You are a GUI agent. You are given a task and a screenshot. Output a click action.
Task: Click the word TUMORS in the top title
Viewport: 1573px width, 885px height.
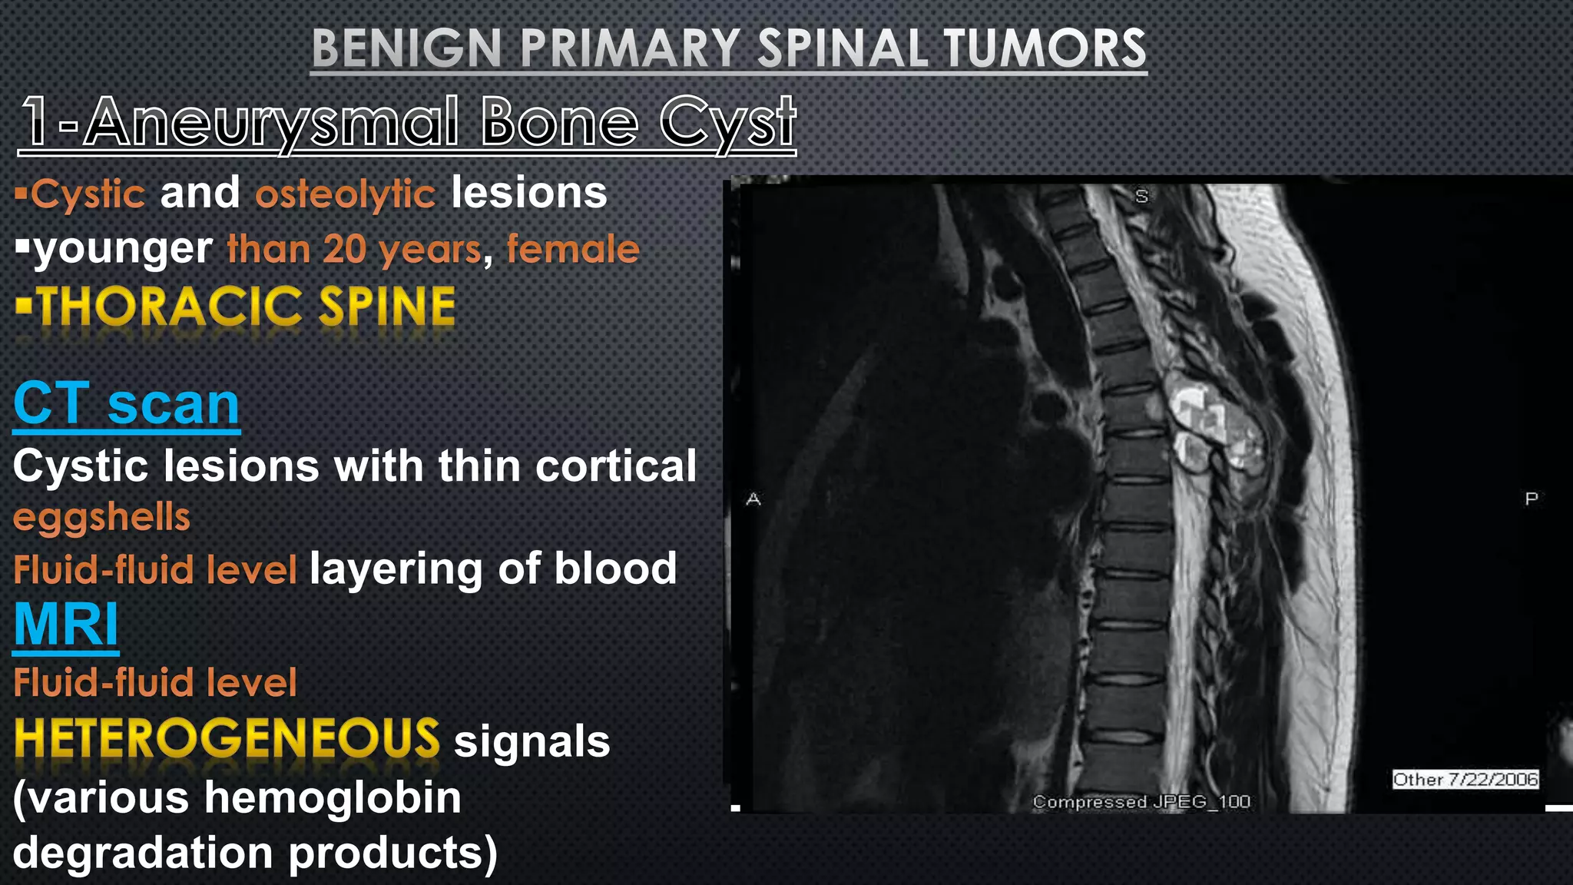(x=1045, y=48)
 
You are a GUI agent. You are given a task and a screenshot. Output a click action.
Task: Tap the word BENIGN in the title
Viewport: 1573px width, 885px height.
(x=406, y=48)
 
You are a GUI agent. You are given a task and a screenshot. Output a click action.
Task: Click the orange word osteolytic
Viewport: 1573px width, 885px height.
(x=345, y=194)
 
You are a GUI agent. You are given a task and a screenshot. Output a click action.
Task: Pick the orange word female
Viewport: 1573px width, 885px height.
(x=572, y=250)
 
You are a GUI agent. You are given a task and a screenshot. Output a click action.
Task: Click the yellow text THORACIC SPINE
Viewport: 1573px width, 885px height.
(x=246, y=307)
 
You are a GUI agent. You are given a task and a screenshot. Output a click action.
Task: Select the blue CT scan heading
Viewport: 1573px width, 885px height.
(x=127, y=404)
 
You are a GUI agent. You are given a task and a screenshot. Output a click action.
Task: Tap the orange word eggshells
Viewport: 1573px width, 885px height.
(x=101, y=517)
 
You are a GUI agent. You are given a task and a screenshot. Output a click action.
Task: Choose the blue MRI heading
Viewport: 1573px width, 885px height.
(x=66, y=624)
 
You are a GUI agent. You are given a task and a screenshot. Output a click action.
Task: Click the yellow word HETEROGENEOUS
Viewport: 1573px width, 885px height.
(x=227, y=739)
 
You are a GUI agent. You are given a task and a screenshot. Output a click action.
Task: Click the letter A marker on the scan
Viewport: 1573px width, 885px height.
(x=753, y=499)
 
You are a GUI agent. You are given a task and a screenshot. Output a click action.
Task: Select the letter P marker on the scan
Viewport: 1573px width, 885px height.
(x=1531, y=499)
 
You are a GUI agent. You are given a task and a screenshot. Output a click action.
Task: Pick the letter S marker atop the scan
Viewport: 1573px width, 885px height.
(x=1141, y=197)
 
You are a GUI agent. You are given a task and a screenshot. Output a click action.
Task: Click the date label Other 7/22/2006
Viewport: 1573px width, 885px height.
(x=1465, y=780)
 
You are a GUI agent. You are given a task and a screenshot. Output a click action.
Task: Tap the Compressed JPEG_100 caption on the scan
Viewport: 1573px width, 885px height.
(x=1141, y=802)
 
